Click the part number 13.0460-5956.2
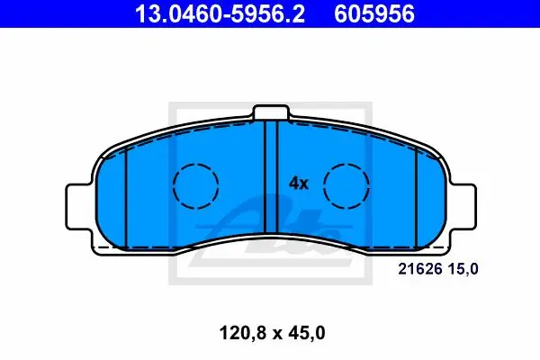(220, 14)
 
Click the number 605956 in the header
(374, 14)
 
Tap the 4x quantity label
(299, 184)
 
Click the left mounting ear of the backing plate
(78, 207)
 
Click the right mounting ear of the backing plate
(463, 207)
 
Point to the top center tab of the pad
(271, 112)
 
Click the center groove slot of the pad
(271, 177)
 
